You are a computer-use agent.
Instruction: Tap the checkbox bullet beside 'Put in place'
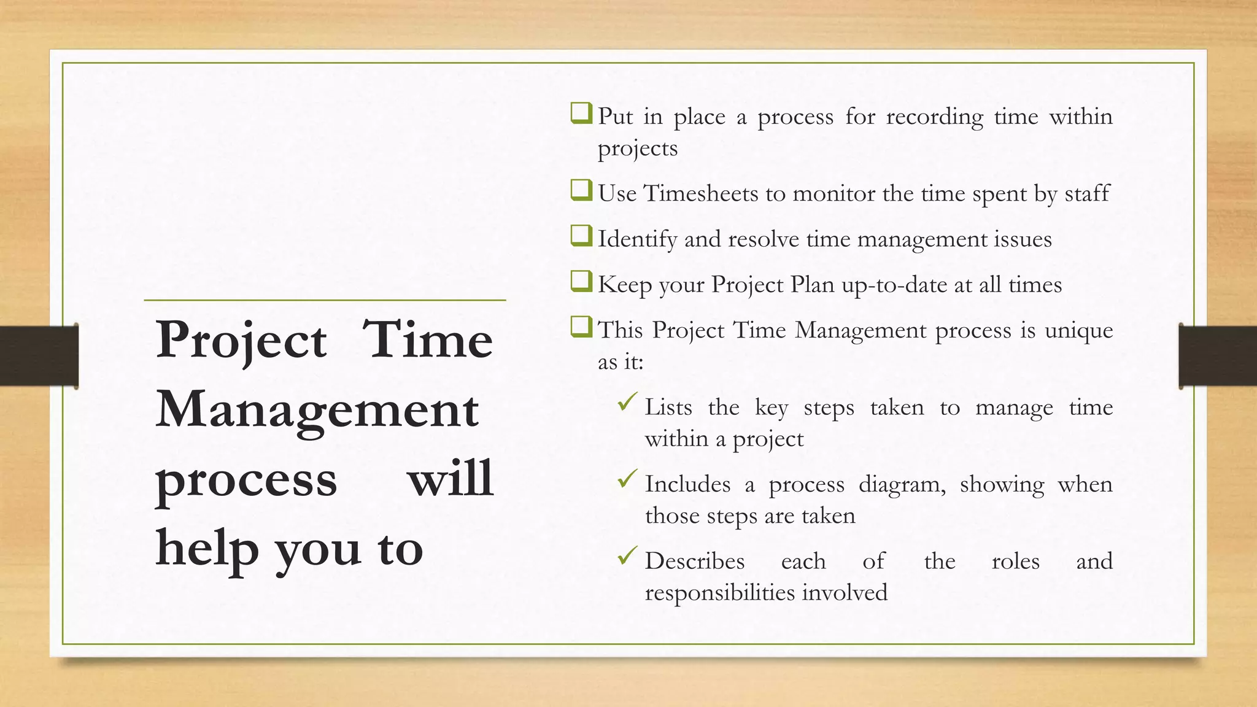tap(581, 114)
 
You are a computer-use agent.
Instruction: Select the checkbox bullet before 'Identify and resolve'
tap(581, 236)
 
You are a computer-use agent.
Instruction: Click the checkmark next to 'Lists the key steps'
tap(627, 403)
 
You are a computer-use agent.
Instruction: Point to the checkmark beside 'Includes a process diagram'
tap(627, 479)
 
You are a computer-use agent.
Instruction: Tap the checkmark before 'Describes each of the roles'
tap(627, 556)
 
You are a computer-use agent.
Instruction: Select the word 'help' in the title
tap(207, 549)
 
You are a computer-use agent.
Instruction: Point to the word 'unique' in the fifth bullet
tap(1078, 331)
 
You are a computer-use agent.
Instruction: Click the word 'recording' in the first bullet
tap(934, 117)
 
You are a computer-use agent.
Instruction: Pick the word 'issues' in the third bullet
tap(1023, 239)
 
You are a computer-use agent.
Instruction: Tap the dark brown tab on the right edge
tap(1218, 356)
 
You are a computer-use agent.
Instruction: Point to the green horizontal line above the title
tap(325, 300)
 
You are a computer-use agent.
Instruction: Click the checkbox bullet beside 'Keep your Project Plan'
tap(581, 282)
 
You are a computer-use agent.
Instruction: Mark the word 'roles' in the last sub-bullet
tap(1015, 562)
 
